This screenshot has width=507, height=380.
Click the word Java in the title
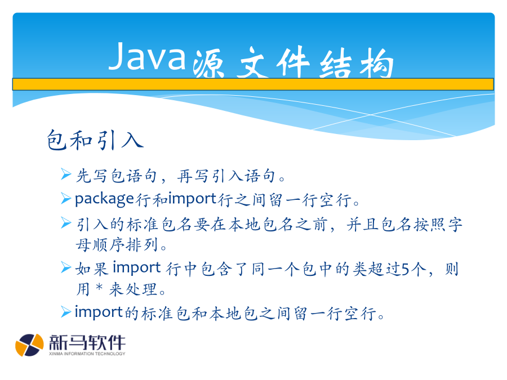(x=147, y=56)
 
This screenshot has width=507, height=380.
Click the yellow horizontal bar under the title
(x=253, y=84)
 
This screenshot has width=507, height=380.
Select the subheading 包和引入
(x=95, y=140)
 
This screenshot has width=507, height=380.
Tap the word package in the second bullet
(x=104, y=199)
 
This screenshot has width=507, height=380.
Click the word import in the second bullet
(x=193, y=199)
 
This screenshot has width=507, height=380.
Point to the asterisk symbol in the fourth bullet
(x=100, y=287)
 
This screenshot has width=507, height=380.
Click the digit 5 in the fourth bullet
(x=406, y=269)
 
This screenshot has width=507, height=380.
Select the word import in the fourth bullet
(x=136, y=268)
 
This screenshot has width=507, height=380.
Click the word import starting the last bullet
(x=99, y=312)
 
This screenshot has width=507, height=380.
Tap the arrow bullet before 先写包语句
(x=66, y=175)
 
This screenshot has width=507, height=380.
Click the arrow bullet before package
(x=66, y=198)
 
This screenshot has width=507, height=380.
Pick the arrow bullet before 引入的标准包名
(x=66, y=222)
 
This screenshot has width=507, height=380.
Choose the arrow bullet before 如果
(x=66, y=267)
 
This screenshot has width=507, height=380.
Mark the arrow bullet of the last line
(x=66, y=312)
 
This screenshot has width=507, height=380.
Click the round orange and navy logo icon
(x=29, y=345)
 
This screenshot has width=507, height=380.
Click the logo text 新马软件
(x=87, y=342)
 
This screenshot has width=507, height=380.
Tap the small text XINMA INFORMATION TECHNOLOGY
(x=87, y=354)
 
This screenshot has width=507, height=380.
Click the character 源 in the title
(x=208, y=63)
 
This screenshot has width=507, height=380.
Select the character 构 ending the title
(x=377, y=62)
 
